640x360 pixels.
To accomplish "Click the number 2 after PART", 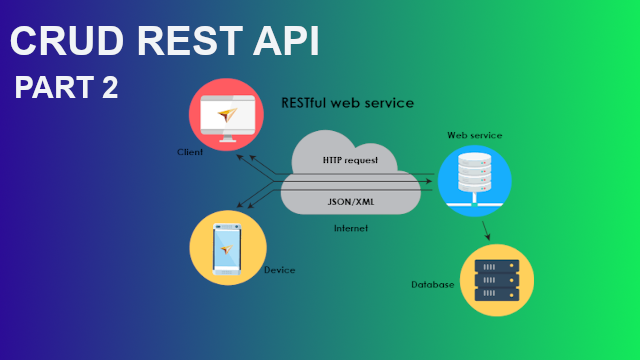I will tap(108, 88).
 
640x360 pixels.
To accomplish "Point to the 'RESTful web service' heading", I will tap(348, 103).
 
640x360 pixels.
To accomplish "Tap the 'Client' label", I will tap(189, 152).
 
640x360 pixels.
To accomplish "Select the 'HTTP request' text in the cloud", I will tap(351, 160).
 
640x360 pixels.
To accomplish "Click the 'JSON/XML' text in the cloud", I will tap(351, 200).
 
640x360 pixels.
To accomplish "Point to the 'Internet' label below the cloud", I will tap(351, 228).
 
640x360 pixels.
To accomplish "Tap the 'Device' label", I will tap(279, 270).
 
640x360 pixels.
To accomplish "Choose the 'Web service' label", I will tap(474, 135).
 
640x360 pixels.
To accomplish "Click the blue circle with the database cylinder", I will tap(475, 181).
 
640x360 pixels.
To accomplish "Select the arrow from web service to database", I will tap(486, 231).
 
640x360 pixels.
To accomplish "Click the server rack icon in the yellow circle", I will tap(497, 281).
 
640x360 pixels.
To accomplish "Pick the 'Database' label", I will tap(433, 285).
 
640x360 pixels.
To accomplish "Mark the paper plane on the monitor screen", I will tap(230, 114).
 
